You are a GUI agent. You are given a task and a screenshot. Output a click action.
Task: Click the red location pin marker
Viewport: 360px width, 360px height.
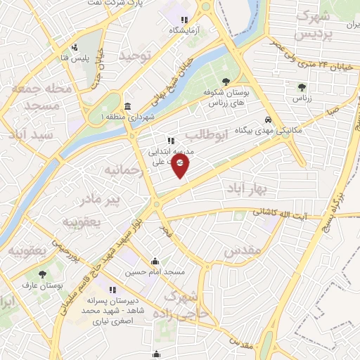pyautogui.click(x=181, y=165)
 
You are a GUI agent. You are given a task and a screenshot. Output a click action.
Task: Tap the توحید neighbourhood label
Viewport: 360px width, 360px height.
pyautogui.click(x=135, y=55)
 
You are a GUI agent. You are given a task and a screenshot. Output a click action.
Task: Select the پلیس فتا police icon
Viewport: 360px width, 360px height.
pyautogui.click(x=75, y=49)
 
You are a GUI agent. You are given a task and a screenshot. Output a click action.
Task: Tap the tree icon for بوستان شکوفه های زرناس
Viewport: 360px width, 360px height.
pyautogui.click(x=225, y=82)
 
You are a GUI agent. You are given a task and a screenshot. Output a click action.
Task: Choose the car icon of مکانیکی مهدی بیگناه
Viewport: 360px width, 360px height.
pyautogui.click(x=269, y=120)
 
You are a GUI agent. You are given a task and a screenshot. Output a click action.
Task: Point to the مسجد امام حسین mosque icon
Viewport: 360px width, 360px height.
pyautogui.click(x=155, y=263)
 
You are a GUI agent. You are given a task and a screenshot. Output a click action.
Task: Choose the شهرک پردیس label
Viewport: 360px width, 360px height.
pyautogui.click(x=311, y=25)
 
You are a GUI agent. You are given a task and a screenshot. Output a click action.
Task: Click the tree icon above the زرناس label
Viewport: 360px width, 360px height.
pyautogui.click(x=302, y=88)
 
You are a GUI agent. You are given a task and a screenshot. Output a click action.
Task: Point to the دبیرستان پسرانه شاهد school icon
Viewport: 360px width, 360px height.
pyautogui.click(x=111, y=289)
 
